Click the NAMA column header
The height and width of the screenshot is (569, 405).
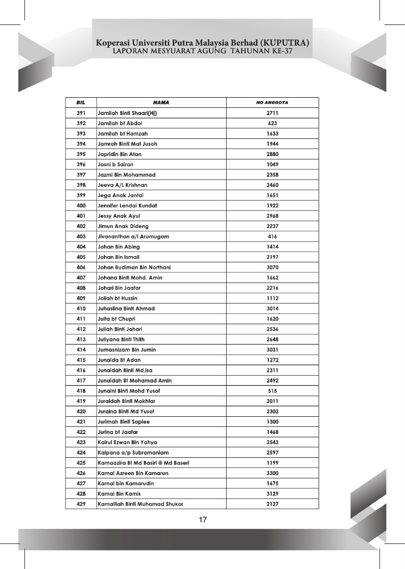click(161, 102)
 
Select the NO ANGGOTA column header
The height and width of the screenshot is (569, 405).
click(272, 102)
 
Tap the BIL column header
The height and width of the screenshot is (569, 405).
click(81, 102)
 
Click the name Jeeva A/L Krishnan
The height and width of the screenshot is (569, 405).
click(123, 185)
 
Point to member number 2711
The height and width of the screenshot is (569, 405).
click(272, 113)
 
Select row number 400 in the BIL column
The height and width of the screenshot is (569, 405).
click(81, 206)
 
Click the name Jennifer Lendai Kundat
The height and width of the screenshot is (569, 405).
click(127, 206)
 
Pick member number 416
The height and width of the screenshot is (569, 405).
click(272, 236)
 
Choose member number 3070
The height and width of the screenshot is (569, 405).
click(272, 267)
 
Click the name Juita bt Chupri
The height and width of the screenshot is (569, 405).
click(117, 318)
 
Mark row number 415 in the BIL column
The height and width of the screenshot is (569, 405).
click(81, 360)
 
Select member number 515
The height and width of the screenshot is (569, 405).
click(272, 391)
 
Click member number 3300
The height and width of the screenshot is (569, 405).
click(272, 473)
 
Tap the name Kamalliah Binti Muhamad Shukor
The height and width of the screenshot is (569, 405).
click(141, 504)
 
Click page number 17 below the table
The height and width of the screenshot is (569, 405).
click(202, 521)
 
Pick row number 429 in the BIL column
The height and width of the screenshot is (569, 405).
click(81, 504)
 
